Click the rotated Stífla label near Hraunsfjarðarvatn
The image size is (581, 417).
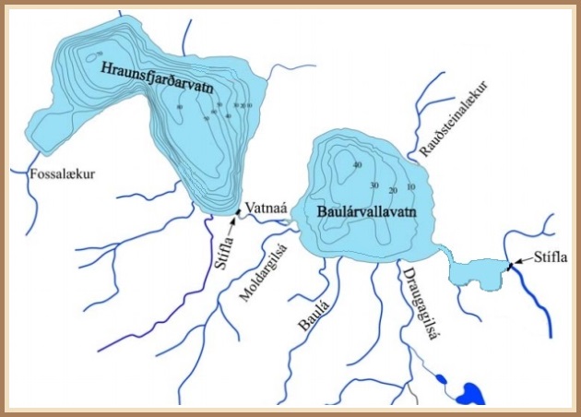[x=222, y=247]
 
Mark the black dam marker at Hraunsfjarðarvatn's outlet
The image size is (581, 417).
[x=237, y=213]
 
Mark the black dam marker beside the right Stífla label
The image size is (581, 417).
[x=508, y=268]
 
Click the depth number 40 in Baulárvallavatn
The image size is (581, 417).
[x=356, y=165]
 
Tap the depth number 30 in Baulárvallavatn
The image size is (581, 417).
[x=373, y=185]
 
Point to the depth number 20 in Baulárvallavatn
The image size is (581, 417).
[x=393, y=190]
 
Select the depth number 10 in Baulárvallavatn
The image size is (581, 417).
[x=410, y=187]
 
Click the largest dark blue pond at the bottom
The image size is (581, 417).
[x=472, y=393]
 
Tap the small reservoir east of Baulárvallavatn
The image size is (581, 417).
[x=471, y=273]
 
